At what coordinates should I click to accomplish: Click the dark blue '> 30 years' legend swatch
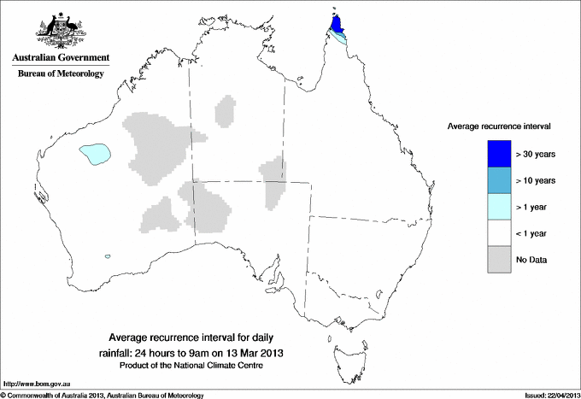(500, 154)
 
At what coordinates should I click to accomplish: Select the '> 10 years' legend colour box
(500, 180)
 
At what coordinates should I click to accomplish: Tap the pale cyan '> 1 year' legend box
(500, 207)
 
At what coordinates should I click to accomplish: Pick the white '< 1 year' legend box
(500, 233)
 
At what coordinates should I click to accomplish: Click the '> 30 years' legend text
(536, 154)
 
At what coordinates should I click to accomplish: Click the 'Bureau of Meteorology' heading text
(59, 74)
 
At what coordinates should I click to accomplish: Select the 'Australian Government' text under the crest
(59, 58)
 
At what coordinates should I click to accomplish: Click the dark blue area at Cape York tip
(336, 21)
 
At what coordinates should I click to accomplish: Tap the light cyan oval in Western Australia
(95, 154)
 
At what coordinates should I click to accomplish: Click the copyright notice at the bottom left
(102, 395)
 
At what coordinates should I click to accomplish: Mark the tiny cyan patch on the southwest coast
(107, 255)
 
